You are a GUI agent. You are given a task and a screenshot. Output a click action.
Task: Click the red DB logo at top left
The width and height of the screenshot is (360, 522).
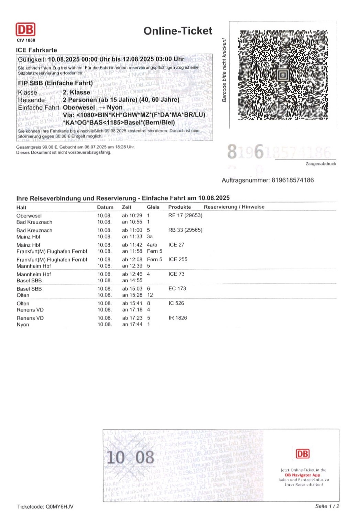(25, 30)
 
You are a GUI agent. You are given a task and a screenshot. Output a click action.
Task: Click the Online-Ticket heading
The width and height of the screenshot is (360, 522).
(178, 31)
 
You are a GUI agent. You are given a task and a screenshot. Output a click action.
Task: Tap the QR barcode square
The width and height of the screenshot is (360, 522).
(283, 75)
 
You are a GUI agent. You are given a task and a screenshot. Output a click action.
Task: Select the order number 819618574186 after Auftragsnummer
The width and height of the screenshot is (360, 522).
(293, 180)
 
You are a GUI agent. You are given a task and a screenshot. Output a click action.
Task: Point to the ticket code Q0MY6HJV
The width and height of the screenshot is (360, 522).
(59, 507)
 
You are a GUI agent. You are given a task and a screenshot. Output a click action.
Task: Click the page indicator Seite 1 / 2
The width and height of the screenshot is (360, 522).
(327, 506)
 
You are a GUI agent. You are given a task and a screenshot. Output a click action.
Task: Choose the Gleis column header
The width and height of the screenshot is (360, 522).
(153, 207)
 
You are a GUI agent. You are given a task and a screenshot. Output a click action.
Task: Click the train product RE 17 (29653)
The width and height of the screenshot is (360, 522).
(185, 216)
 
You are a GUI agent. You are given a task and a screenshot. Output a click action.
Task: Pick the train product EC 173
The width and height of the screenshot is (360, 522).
(177, 289)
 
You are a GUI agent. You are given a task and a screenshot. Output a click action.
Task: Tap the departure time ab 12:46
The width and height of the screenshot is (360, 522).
(132, 274)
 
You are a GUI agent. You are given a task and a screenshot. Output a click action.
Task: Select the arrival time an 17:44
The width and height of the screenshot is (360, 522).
(132, 324)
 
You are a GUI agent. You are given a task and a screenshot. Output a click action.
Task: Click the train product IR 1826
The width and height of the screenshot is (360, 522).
(178, 318)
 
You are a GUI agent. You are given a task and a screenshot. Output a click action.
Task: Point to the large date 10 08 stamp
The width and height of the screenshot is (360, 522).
(130, 458)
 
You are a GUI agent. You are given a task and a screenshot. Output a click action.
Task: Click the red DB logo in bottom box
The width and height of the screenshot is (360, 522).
(303, 454)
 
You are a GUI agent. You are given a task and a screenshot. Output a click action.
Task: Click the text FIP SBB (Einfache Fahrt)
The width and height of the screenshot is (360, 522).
(55, 83)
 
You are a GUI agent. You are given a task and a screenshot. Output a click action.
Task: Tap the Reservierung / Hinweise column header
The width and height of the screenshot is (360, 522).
(234, 207)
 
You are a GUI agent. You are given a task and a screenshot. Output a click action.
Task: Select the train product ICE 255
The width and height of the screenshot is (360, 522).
(178, 259)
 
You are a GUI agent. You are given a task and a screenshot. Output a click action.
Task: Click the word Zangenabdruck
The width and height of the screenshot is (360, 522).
(320, 164)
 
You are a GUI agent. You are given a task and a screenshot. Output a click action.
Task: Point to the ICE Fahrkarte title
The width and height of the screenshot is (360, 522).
(36, 50)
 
